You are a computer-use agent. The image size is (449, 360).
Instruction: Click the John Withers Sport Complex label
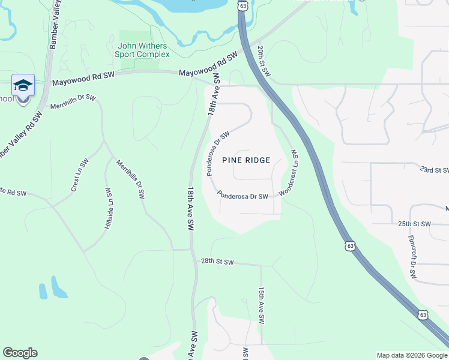pos(143,50)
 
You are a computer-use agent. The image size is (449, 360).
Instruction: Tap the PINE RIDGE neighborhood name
pos(246,160)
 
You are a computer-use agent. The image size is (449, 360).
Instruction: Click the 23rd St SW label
pos(435,170)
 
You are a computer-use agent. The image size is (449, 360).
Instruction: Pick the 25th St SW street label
pos(414,224)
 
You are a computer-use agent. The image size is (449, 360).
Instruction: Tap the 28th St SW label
pos(217,262)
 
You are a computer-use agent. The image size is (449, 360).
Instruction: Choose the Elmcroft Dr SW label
pos(412,257)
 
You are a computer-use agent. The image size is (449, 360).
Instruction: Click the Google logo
pos(20,353)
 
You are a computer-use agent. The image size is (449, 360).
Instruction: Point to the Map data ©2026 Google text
pos(411,355)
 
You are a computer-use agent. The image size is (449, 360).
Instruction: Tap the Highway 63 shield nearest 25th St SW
pos(350,246)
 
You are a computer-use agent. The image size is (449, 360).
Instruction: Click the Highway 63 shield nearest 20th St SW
pos(242,5)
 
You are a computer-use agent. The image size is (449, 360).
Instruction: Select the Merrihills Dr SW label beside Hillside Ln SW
pos(130,179)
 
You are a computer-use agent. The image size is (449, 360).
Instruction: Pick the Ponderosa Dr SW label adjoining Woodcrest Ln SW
pos(243,195)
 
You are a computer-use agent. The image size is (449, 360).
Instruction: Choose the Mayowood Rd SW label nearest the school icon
pos(83,76)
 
